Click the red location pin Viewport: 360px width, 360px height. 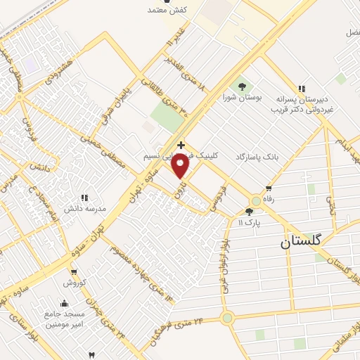(181, 166)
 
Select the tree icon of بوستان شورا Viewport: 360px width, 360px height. (242, 86)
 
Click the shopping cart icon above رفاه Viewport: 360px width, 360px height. (269, 188)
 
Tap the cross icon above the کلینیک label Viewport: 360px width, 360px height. (181, 144)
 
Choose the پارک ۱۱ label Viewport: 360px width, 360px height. (249, 222)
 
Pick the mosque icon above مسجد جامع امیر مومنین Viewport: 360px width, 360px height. (64, 304)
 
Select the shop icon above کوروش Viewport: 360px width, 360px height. (74, 271)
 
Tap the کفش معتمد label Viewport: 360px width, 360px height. (166, 10)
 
